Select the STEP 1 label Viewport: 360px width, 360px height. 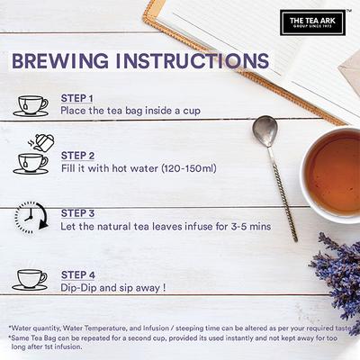[x=76, y=97]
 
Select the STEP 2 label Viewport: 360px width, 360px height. [x=76, y=155]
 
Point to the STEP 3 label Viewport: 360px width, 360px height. [x=76, y=213]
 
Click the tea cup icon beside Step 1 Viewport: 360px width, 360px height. [x=31, y=105]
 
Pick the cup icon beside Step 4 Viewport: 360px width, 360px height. [x=31, y=278]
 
